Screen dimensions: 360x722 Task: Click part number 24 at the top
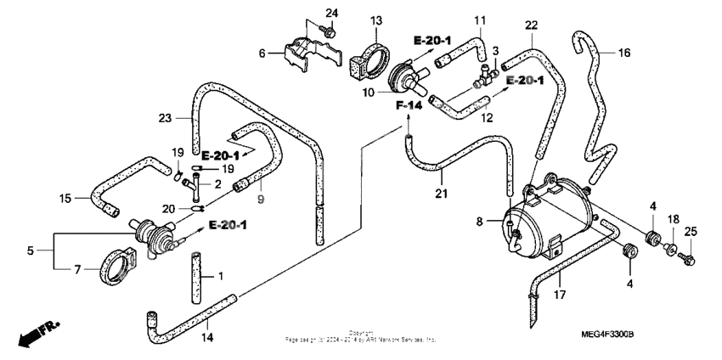coord(331,12)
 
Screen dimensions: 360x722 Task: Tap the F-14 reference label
coord(409,105)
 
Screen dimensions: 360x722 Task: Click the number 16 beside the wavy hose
coord(623,53)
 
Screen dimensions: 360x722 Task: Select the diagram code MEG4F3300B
coord(658,336)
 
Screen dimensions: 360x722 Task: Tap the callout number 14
coord(208,337)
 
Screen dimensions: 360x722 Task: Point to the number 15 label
coord(65,200)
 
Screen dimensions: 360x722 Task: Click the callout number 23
coord(165,118)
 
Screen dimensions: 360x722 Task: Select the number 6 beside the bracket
coord(263,53)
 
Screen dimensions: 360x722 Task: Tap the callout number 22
coord(531,26)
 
